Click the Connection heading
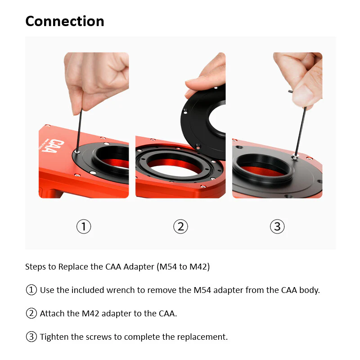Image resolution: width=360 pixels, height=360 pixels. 65,21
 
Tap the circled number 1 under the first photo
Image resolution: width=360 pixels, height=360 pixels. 84,226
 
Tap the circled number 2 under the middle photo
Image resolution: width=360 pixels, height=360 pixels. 180,226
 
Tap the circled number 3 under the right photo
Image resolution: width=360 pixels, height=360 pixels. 277,226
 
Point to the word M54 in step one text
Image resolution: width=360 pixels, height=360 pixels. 202,290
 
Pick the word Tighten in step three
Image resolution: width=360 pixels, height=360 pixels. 54,337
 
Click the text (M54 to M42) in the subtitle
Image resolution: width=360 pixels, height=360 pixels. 183,267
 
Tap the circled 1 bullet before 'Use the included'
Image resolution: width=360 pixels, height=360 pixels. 31,290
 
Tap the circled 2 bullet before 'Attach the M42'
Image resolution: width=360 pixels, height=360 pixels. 31,313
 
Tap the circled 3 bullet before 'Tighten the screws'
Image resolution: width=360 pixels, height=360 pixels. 31,337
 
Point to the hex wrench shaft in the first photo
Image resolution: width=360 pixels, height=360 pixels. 79,130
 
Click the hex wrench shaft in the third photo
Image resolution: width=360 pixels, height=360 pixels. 300,131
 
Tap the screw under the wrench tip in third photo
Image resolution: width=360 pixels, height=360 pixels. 295,157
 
